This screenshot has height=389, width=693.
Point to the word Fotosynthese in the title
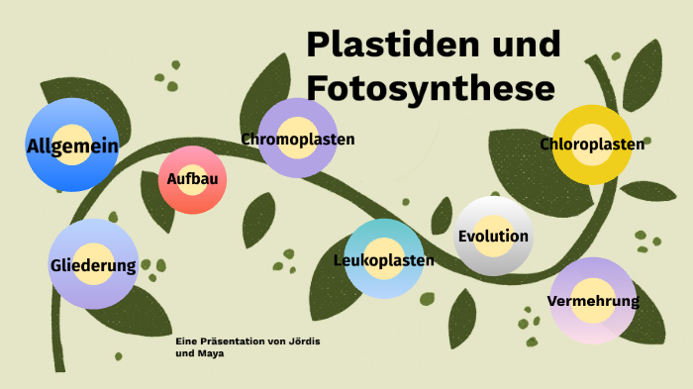tap(430, 87)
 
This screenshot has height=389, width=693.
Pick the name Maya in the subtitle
tap(209, 352)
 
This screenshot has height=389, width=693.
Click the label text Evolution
tap(493, 237)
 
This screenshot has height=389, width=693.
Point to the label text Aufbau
tap(192, 179)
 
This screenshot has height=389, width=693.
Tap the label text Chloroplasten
tap(593, 145)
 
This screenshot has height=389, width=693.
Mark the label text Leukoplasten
tap(384, 260)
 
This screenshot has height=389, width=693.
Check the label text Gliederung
tap(93, 265)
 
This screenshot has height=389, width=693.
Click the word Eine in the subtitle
tap(184, 341)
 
